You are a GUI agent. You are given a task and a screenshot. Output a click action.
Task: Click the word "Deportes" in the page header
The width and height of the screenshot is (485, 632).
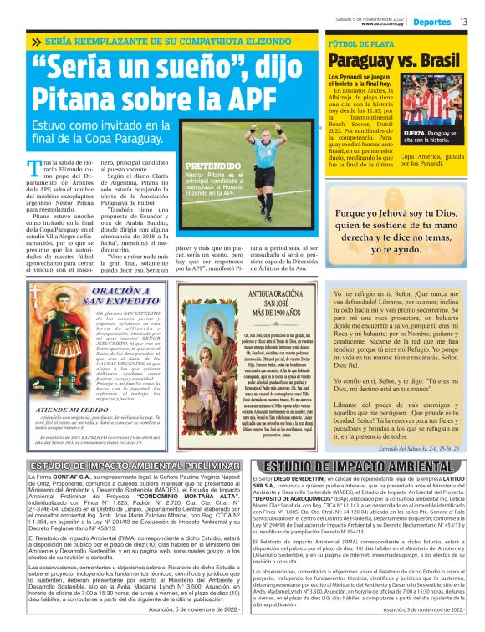tap(432, 22)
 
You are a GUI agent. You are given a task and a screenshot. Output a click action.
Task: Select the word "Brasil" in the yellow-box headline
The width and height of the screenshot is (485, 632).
tap(438, 60)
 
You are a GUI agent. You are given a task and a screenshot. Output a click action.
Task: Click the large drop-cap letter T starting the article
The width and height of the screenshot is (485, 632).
tap(34, 166)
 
